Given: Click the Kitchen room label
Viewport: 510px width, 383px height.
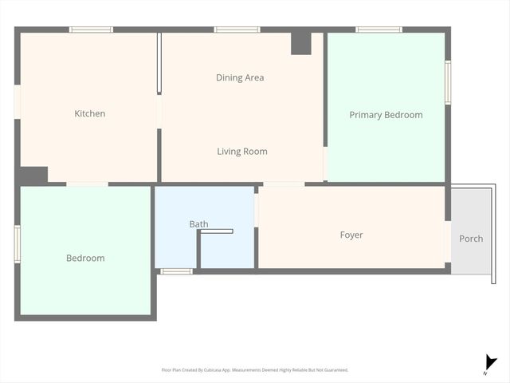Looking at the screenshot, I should click(x=89, y=114).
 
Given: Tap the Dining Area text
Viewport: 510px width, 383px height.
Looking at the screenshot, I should click(x=240, y=78).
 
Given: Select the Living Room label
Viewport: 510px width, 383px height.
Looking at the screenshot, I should click(x=242, y=152).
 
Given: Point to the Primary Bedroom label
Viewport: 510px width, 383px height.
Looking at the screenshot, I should click(x=386, y=115).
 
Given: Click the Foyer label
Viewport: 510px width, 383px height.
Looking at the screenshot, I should click(x=351, y=235).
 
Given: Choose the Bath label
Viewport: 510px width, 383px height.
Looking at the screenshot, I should click(x=198, y=224).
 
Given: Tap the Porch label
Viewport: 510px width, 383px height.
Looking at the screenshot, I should click(x=471, y=239).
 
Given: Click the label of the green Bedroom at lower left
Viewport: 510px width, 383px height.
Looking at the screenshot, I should click(x=85, y=259).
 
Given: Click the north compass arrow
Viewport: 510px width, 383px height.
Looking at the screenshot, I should click(x=490, y=364).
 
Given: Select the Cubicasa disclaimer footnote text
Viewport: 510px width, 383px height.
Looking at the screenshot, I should click(x=255, y=369).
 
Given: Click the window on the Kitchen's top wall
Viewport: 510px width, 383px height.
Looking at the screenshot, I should click(x=91, y=30).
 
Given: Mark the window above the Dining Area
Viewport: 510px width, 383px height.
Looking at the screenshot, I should click(x=237, y=30).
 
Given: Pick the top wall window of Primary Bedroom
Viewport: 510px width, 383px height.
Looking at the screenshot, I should click(x=379, y=30).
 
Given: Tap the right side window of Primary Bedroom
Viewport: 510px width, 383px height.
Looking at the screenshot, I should click(x=448, y=83).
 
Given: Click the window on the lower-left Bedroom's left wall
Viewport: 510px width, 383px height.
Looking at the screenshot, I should click(x=17, y=244).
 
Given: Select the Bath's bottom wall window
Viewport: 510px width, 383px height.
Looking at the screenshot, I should click(x=176, y=271).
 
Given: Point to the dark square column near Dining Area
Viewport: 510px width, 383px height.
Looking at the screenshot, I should click(x=300, y=43).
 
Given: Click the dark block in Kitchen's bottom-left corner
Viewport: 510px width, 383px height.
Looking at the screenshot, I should click(x=33, y=176).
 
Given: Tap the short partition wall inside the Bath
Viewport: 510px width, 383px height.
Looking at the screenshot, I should click(x=216, y=231).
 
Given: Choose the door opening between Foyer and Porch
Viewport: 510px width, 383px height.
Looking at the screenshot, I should click(x=448, y=239).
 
